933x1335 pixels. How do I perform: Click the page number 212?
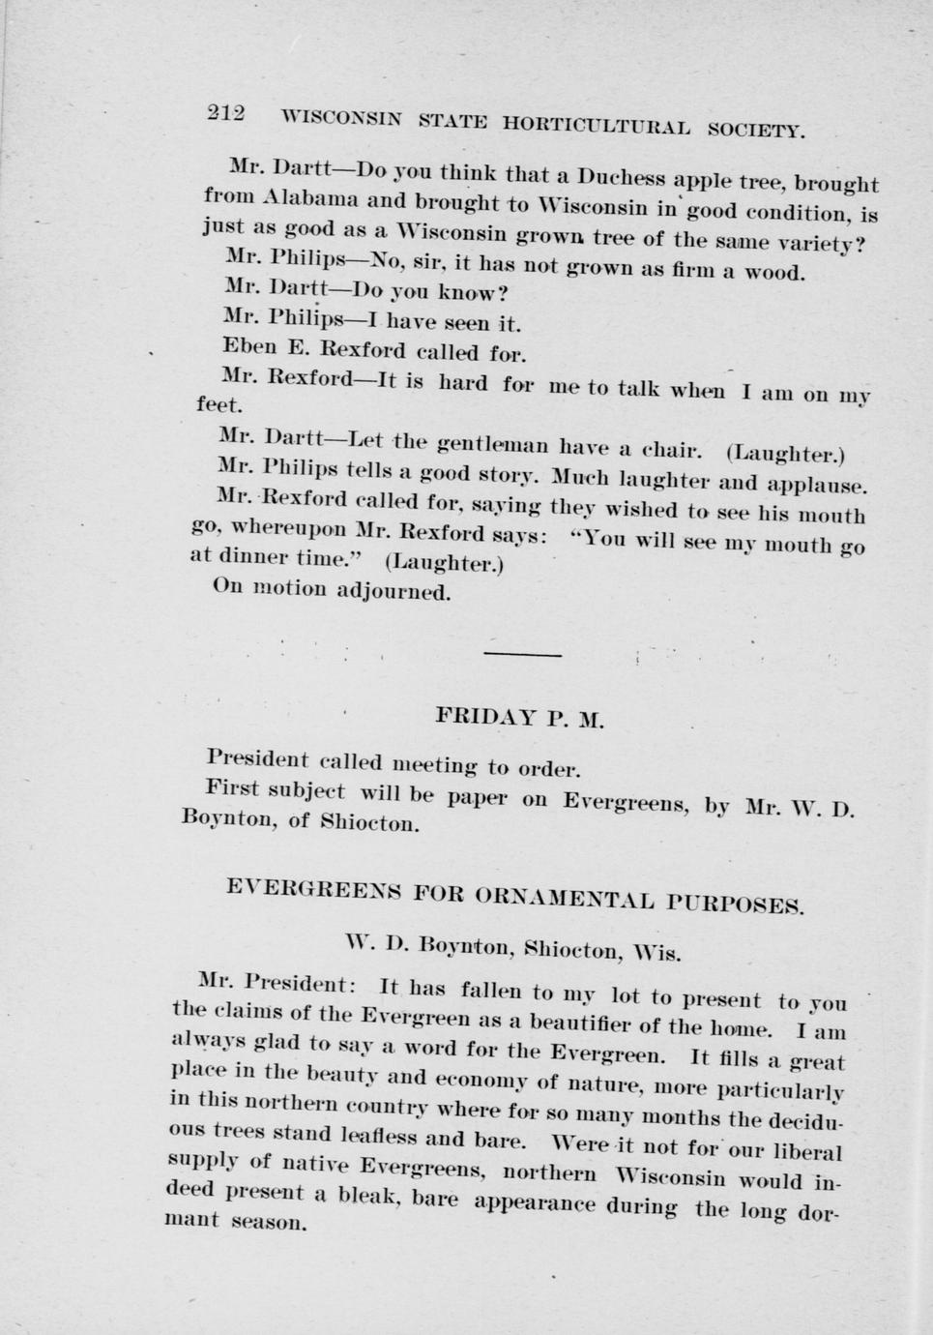pyautogui.click(x=226, y=113)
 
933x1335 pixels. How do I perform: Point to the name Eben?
pyautogui.click(x=248, y=345)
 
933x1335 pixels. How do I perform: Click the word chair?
pyautogui.click(x=672, y=450)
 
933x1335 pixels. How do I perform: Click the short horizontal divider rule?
pyautogui.click(x=522, y=655)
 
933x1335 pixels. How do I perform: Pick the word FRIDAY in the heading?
pyautogui.click(x=484, y=717)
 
